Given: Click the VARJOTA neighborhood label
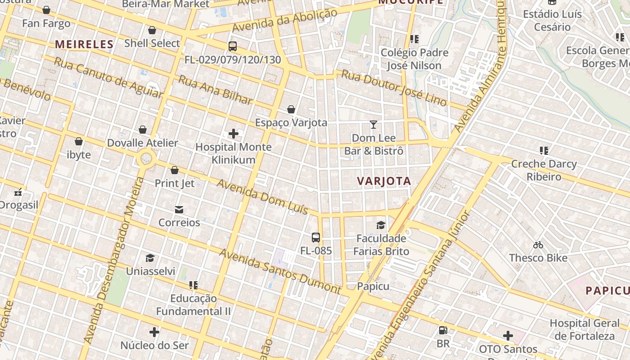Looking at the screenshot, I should pyautogui.click(x=384, y=181).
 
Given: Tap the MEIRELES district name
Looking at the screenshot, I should pyautogui.click(x=84, y=44).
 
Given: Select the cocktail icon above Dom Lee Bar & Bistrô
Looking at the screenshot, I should pyautogui.click(x=373, y=124).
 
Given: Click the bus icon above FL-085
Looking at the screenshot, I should pyautogui.click(x=316, y=237).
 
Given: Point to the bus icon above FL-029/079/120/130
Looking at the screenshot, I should pyautogui.click(x=233, y=46).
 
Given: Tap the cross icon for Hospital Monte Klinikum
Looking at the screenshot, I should pyautogui.click(x=234, y=134).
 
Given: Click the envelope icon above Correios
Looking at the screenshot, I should pyautogui.click(x=179, y=209).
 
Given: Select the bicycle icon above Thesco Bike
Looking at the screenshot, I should pyautogui.click(x=538, y=245).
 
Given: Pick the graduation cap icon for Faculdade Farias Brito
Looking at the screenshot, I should pyautogui.click(x=381, y=225).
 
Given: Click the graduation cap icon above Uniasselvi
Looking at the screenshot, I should pyautogui.click(x=150, y=258).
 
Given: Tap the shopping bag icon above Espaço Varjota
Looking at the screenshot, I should pyautogui.click(x=291, y=109).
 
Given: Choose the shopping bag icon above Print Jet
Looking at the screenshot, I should pyautogui.click(x=175, y=170).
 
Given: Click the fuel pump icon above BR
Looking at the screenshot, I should pyautogui.click(x=443, y=330).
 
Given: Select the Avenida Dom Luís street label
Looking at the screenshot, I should pyautogui.click(x=263, y=197).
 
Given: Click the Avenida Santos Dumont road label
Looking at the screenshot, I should pyautogui.click(x=280, y=270).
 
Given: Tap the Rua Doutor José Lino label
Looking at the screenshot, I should pyautogui.click(x=394, y=88).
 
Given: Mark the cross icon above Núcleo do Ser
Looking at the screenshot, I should pyautogui.click(x=154, y=332).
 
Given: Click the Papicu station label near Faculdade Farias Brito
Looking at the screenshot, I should pyautogui.click(x=373, y=286).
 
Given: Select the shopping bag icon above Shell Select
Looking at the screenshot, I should pyautogui.click(x=152, y=30).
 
